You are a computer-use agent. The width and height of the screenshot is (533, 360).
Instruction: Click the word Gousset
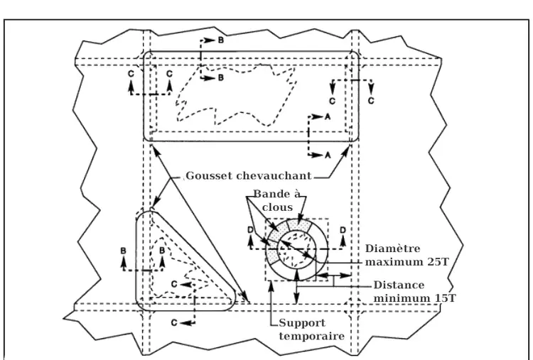pyautogui.click(x=210, y=175)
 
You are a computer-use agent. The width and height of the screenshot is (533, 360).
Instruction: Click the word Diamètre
pyautogui.click(x=392, y=249)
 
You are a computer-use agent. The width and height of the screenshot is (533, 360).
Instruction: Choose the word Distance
pyautogui.click(x=399, y=285)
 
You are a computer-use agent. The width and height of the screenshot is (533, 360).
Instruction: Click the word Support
pyautogui.click(x=302, y=324)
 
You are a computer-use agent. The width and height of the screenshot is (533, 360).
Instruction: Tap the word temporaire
pyautogui.click(x=311, y=336)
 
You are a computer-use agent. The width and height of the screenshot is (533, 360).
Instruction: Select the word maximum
pyautogui.click(x=392, y=261)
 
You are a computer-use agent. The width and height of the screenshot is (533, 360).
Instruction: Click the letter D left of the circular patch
pyautogui.click(x=251, y=231)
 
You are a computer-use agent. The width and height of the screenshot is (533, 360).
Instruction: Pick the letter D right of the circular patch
pyautogui.click(x=343, y=231)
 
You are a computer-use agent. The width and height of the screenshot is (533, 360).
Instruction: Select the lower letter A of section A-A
pyautogui.click(x=328, y=154)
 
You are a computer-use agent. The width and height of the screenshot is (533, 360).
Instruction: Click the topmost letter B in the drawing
pyautogui.click(x=220, y=41)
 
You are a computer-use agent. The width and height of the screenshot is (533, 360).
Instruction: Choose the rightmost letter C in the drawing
pyautogui.click(x=371, y=101)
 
